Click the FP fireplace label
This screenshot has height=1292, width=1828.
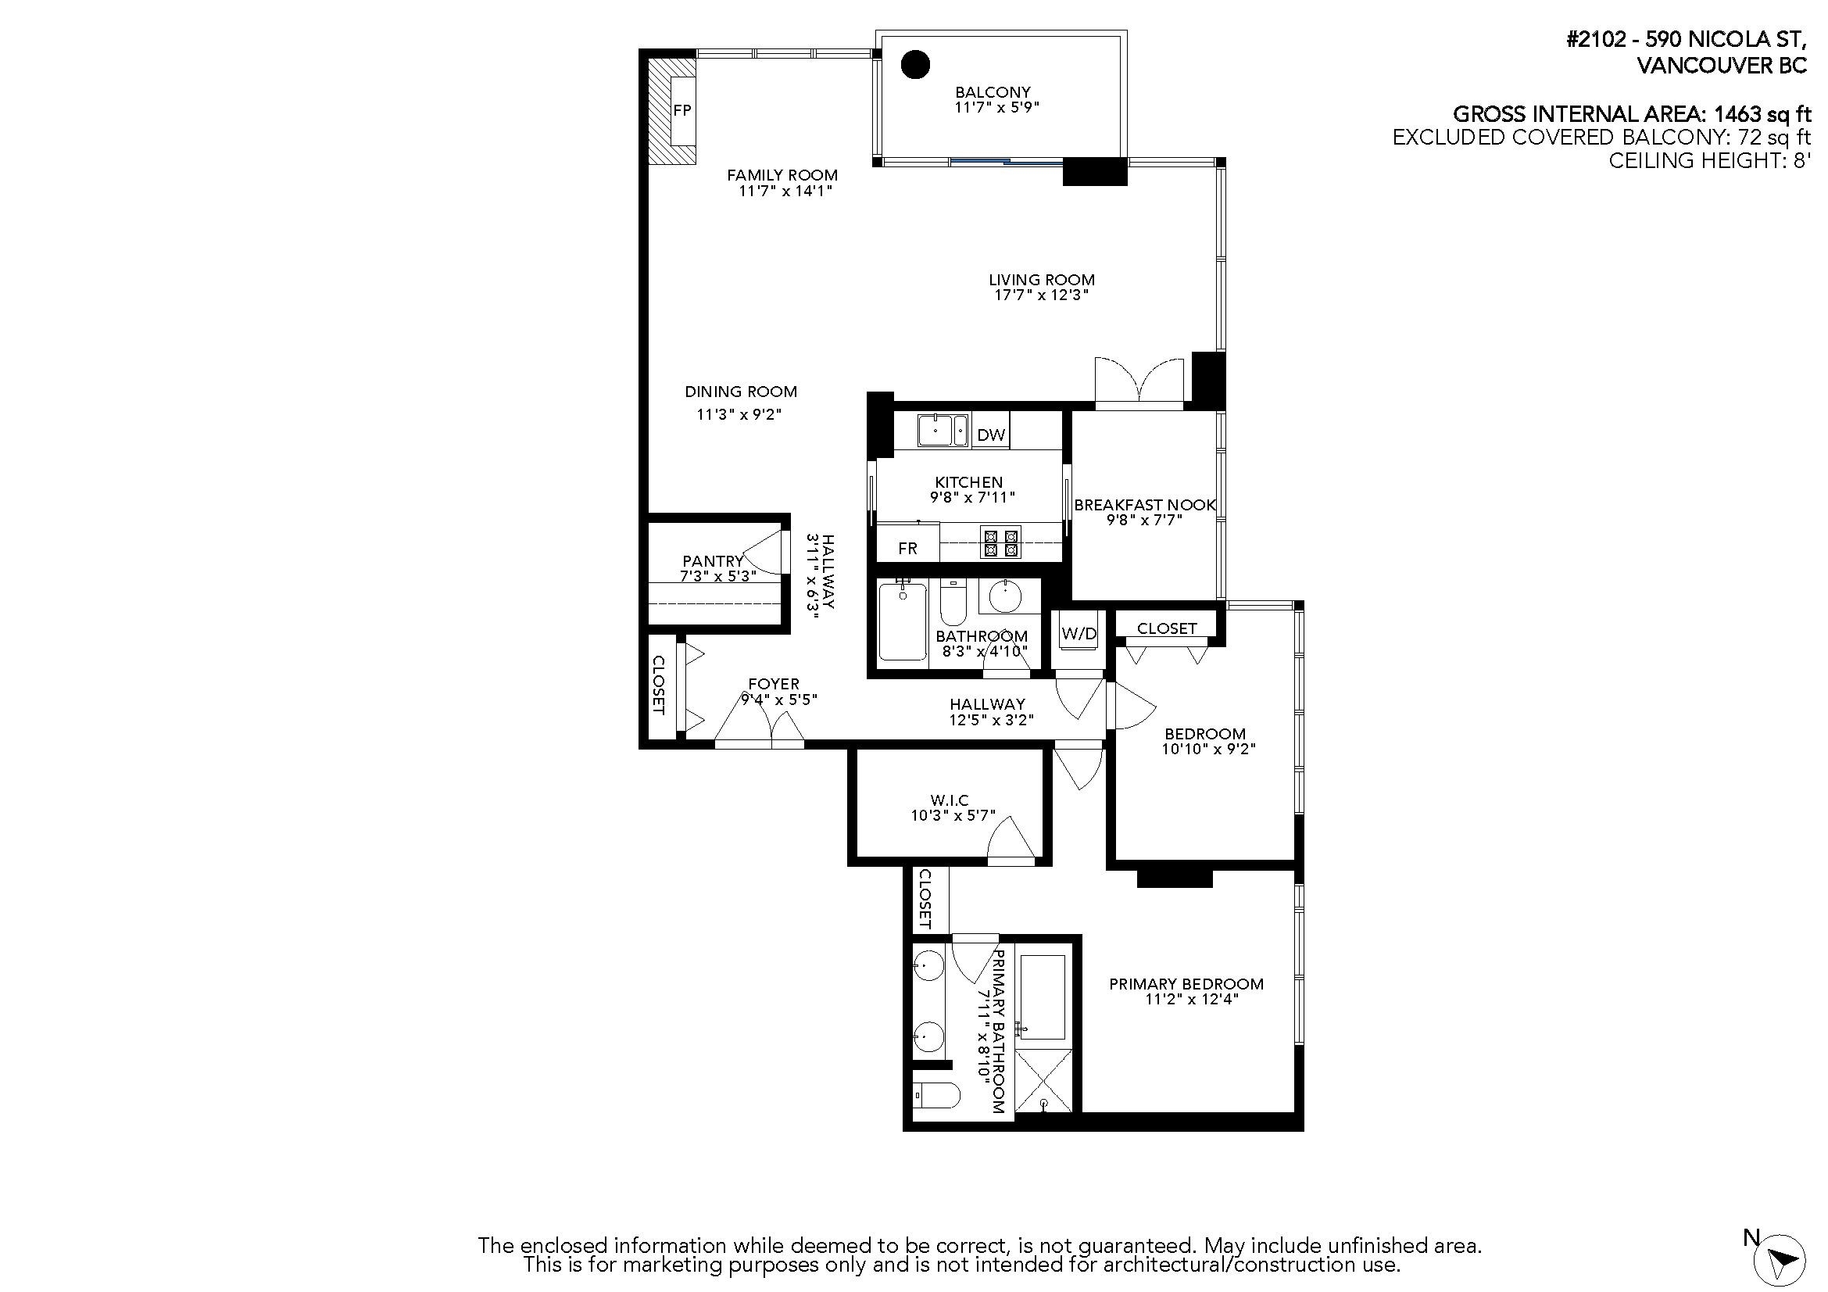(682, 111)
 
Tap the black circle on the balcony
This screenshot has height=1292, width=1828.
(916, 64)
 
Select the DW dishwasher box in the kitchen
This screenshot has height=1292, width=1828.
(990, 435)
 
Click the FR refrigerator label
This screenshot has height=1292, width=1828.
(907, 549)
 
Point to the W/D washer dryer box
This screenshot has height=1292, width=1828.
(1079, 635)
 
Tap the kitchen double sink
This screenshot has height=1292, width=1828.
(943, 431)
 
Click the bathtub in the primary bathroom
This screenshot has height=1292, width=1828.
(1043, 997)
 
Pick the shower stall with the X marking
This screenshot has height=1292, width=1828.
(1044, 1081)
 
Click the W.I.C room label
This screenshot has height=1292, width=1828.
(949, 800)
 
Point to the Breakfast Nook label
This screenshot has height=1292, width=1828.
(1144, 506)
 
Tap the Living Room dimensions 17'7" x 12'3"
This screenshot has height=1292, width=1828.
(1041, 295)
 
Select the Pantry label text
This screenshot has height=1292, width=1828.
(713, 561)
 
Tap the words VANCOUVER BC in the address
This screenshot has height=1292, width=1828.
(1721, 66)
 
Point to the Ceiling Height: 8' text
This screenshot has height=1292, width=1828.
(1709, 161)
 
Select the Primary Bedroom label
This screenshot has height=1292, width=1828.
(1186, 985)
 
